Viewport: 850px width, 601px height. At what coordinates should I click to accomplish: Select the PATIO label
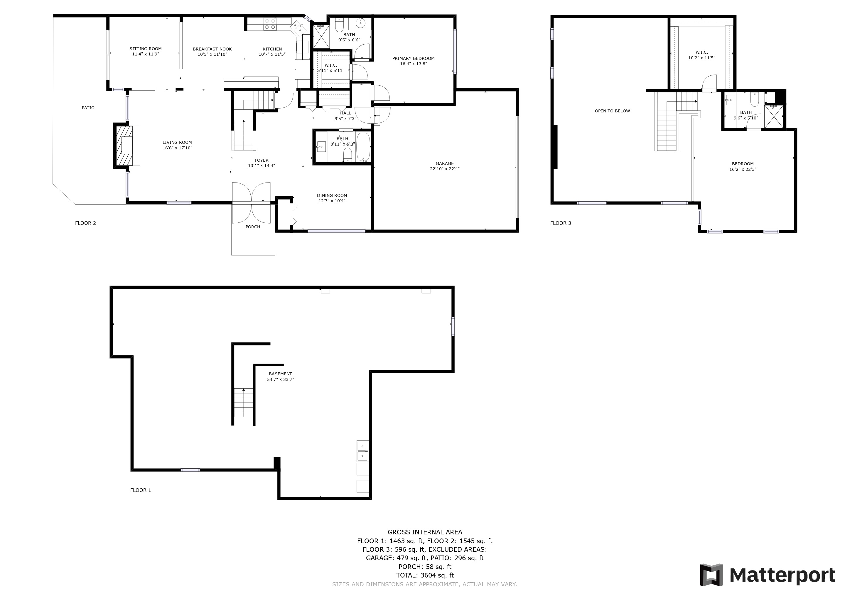(x=88, y=108)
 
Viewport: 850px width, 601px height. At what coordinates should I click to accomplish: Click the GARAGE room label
(x=445, y=163)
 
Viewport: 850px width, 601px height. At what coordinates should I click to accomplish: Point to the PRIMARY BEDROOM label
(x=414, y=58)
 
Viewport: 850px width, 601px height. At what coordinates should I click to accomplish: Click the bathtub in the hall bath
(x=363, y=147)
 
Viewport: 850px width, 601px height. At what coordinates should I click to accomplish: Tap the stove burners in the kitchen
(x=269, y=24)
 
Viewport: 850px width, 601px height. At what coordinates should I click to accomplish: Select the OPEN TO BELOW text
(x=612, y=111)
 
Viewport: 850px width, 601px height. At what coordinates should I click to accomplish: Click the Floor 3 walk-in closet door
(x=710, y=82)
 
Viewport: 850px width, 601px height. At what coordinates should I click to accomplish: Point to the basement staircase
(x=243, y=406)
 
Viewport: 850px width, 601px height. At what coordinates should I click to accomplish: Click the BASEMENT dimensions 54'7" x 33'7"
(x=281, y=379)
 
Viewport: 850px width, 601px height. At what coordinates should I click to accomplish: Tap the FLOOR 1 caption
(x=141, y=490)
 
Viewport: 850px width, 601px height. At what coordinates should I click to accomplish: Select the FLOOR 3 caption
(x=561, y=223)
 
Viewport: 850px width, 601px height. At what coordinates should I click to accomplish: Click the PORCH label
(x=253, y=227)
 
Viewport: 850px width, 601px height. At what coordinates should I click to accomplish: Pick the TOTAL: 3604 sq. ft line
(x=425, y=575)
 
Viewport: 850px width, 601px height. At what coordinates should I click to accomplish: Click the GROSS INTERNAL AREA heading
(x=425, y=532)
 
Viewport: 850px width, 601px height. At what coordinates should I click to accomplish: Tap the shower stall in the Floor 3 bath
(x=774, y=116)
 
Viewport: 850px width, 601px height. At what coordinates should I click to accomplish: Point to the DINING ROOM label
(x=332, y=195)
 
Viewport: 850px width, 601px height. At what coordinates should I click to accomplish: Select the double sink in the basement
(x=362, y=451)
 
